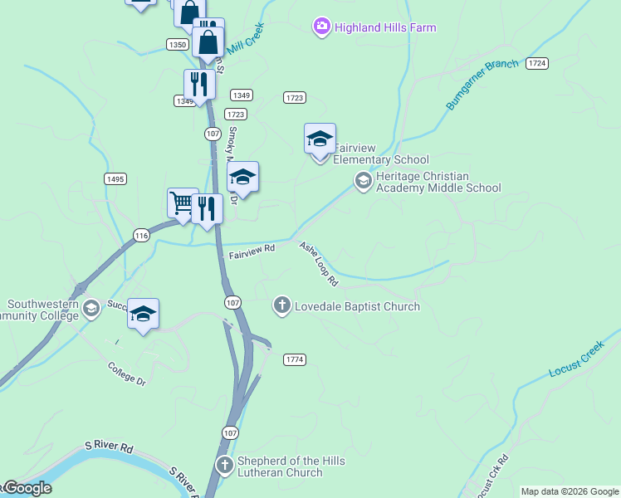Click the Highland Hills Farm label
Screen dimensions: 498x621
pos(385,27)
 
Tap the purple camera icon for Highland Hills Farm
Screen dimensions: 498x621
pos(321,27)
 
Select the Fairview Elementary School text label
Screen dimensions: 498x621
pos(381,159)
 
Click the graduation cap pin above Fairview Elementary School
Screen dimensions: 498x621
pos(320,139)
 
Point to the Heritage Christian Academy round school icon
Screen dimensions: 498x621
pos(363,179)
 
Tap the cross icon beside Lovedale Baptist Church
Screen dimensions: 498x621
pos(282,306)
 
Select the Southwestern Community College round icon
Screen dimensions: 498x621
pos(90,309)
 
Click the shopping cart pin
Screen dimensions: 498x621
pos(182,203)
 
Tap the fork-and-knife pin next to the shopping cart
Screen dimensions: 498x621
pos(207,210)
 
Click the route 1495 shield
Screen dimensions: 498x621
pos(115,178)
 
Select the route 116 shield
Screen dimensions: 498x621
pos(141,237)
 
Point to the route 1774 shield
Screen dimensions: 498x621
pos(295,359)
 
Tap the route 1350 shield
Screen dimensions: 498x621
pos(176,45)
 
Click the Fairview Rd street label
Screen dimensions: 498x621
pos(252,247)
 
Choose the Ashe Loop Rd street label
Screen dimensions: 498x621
pos(319,264)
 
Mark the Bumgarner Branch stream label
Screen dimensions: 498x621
pos(482,84)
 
